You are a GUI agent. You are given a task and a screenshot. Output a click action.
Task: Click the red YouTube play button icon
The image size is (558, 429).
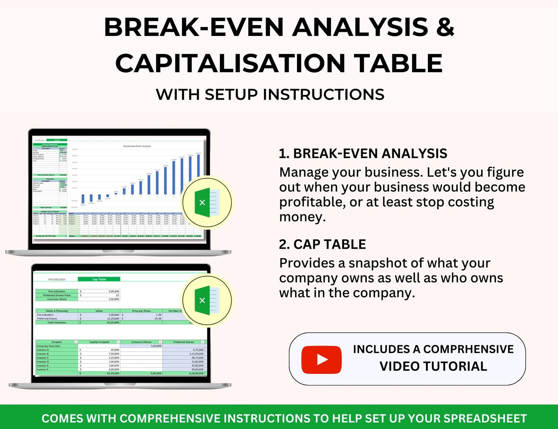[321, 359]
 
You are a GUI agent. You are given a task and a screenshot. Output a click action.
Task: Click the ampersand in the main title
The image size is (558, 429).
[445, 27]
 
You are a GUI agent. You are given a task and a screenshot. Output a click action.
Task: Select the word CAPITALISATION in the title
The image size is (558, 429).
[230, 63]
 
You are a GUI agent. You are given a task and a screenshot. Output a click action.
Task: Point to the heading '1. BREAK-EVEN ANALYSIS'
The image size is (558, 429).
[363, 153]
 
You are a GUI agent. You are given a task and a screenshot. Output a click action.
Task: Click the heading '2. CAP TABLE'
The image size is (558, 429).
[322, 244]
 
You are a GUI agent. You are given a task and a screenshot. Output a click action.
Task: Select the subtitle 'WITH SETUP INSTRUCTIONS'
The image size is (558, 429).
[270, 95]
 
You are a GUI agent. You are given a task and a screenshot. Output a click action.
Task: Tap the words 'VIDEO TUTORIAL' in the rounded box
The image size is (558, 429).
[433, 366]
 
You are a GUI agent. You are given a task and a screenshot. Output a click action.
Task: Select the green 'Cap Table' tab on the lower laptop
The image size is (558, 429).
[99, 279]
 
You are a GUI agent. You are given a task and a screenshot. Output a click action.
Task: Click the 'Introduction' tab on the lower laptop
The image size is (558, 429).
[57, 279]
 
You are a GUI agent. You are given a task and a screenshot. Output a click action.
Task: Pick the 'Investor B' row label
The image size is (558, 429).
[43, 354]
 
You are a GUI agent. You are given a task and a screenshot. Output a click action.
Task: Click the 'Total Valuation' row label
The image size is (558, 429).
[57, 322]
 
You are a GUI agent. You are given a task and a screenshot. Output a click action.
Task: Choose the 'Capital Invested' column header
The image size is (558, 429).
[99, 342]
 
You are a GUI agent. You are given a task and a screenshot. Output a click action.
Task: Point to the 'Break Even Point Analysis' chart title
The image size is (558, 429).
[137, 146]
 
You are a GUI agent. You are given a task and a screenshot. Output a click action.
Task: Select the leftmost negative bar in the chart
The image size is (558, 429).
[83, 199]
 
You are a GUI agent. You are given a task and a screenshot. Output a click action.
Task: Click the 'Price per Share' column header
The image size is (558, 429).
[141, 311]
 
